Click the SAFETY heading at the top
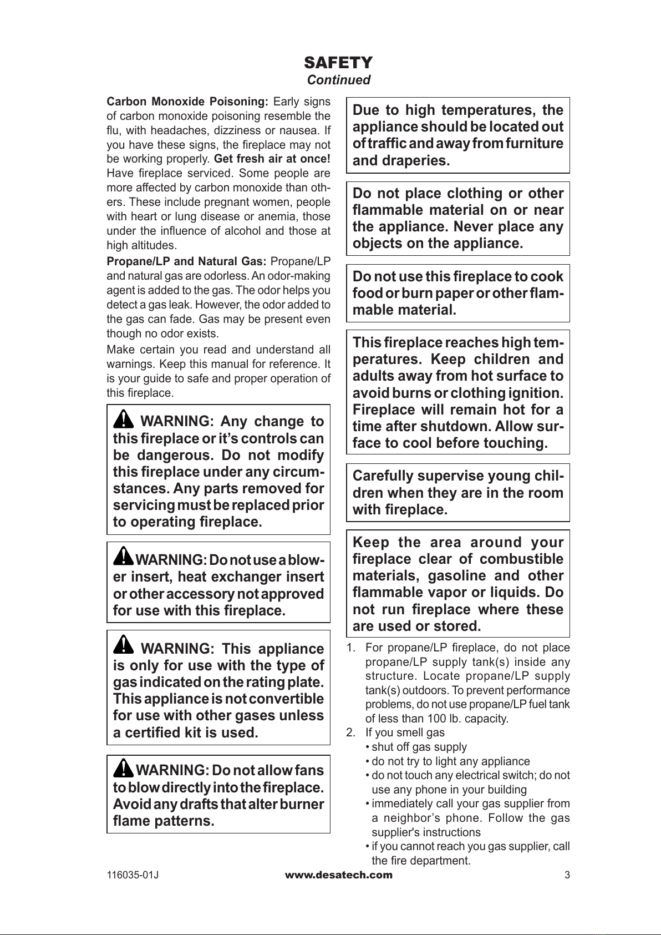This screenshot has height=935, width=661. [x=338, y=62]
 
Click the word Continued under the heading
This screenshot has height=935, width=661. [x=338, y=80]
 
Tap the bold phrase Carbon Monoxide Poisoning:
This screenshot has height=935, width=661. [x=187, y=102]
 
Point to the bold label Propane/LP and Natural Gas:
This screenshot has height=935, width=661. [x=186, y=261]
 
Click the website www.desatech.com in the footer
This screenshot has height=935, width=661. [x=338, y=875]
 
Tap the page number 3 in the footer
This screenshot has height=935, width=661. [x=567, y=876]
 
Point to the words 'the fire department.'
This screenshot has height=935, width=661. [x=421, y=861]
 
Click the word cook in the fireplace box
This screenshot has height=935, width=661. [x=547, y=276]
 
